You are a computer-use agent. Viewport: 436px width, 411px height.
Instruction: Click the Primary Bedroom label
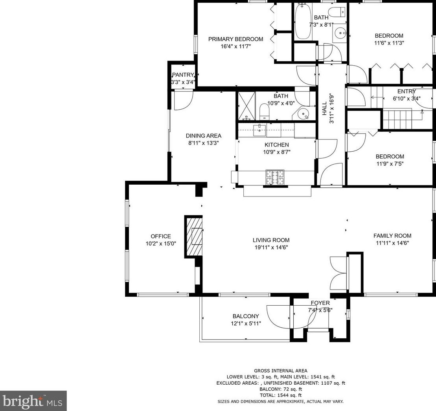click(x=235, y=39)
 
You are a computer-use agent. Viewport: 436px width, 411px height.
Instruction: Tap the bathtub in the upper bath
click(x=303, y=21)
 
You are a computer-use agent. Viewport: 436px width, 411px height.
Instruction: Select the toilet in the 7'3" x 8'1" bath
click(x=337, y=12)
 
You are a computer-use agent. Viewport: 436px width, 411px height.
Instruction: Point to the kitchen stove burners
click(x=275, y=177)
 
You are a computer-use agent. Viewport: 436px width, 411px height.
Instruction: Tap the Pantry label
click(x=183, y=75)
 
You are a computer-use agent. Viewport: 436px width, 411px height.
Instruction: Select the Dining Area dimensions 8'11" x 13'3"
click(x=204, y=143)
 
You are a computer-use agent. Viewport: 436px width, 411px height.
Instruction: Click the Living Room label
click(x=271, y=240)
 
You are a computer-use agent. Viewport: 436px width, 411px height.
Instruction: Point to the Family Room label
click(x=392, y=236)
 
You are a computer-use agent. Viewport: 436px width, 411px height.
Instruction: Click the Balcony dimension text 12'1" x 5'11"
click(x=246, y=323)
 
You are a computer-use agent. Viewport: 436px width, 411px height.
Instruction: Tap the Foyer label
click(x=320, y=303)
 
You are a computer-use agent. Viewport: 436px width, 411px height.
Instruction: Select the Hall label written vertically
click(x=324, y=109)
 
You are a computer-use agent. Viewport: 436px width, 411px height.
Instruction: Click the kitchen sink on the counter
click(x=259, y=130)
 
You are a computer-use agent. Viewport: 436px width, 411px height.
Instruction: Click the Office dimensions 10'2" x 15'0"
click(x=161, y=244)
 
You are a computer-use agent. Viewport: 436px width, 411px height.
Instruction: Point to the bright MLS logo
click(x=33, y=401)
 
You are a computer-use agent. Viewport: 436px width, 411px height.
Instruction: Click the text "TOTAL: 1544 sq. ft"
click(x=281, y=395)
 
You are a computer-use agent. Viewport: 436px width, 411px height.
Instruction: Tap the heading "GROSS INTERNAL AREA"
click(x=281, y=371)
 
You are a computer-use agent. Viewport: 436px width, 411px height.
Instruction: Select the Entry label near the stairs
click(x=407, y=92)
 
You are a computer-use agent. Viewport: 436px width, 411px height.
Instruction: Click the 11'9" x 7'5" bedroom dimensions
click(x=390, y=164)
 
